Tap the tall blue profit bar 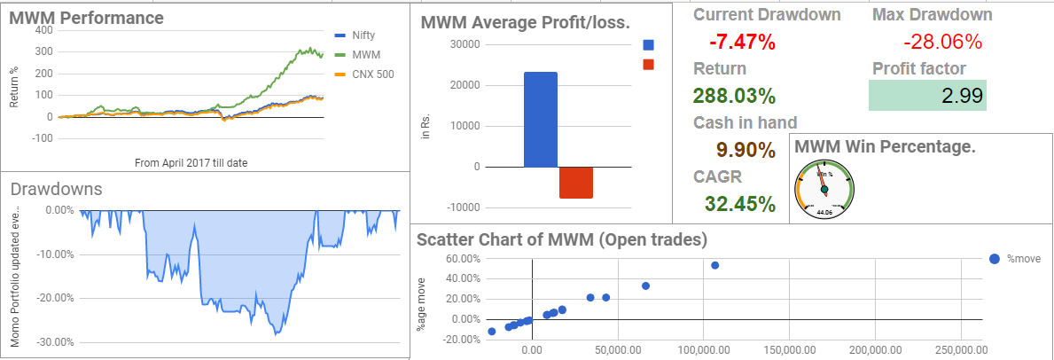541,120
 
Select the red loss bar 576,182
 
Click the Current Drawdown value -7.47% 743,41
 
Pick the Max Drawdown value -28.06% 942,41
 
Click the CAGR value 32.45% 735,204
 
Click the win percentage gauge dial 824,187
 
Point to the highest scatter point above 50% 714,265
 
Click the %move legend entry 1015,258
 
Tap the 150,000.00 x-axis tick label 788,350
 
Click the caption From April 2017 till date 191,162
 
